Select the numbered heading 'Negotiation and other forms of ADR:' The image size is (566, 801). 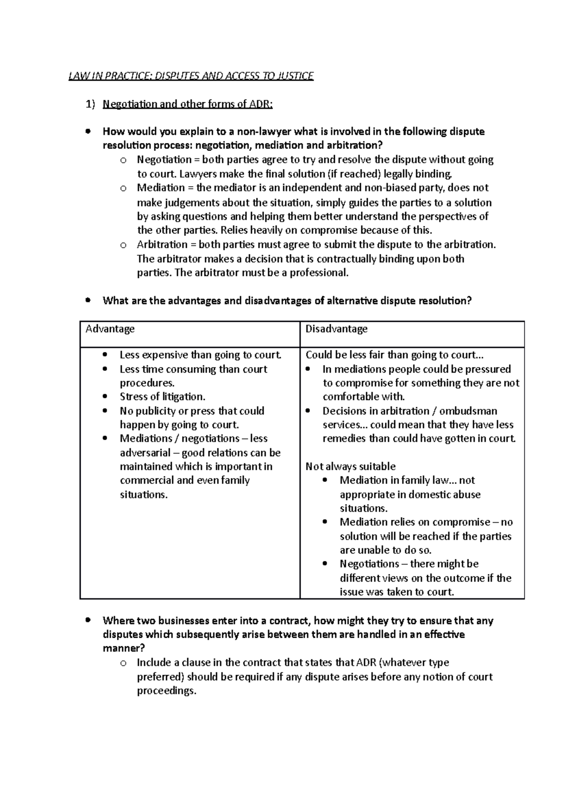click(188, 104)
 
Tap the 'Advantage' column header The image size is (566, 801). click(110, 329)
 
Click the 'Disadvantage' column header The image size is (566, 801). click(336, 329)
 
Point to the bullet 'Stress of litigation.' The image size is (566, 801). click(162, 397)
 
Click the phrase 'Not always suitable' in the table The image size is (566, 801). click(350, 467)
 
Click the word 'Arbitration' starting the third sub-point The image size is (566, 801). click(162, 244)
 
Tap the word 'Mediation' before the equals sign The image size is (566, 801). click(160, 188)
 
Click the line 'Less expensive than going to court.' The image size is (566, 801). click(200, 355)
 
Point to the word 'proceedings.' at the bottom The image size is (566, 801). click(166, 691)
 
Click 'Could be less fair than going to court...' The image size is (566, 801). click(394, 355)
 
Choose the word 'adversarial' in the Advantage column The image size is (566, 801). click(145, 453)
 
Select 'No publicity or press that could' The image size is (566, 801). click(191, 411)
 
